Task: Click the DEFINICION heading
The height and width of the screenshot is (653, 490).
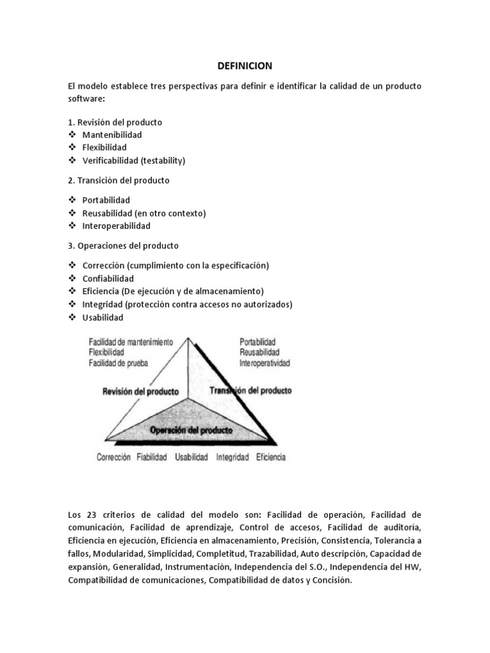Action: pos(245,66)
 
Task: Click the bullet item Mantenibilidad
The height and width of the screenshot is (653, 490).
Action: pos(112,135)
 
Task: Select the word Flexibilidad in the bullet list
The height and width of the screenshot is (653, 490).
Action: pos(105,147)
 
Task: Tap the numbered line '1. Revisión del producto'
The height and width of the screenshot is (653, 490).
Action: pos(115,122)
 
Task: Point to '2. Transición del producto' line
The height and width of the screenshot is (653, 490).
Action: pos(119,180)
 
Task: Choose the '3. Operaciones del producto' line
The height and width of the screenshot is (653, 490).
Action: pos(123,246)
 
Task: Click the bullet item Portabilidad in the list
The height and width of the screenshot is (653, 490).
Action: pos(106,200)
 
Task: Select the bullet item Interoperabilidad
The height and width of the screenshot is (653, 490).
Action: pos(117,226)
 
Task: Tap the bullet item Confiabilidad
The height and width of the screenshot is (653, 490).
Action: pos(108,279)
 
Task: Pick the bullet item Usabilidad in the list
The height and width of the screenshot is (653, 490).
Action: pos(103,318)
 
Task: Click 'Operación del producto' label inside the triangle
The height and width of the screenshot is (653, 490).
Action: pos(191,430)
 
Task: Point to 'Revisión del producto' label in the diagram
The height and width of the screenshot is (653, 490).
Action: pos(140,391)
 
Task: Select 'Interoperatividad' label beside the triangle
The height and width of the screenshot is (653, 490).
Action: pos(265,363)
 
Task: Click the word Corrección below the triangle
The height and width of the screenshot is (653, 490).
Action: pos(114,457)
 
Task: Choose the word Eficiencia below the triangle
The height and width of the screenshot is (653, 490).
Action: pos(271,457)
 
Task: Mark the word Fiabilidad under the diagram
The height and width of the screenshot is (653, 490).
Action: pos(152,457)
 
